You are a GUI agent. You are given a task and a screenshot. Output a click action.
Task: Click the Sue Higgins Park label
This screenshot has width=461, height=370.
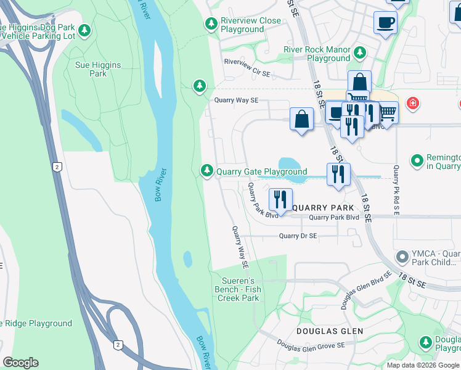coord(98,69)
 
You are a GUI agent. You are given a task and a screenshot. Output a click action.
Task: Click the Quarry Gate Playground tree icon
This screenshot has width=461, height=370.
coord(207,171)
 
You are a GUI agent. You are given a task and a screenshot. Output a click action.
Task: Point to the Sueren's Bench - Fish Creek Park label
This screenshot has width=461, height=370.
coord(238,289)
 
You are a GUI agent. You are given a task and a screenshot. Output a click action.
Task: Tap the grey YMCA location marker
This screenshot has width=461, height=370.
coord(402,255)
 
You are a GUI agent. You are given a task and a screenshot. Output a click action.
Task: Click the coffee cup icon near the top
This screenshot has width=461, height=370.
coord(385,23)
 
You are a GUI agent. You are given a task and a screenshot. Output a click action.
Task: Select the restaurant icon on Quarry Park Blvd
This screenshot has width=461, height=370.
coord(280,199)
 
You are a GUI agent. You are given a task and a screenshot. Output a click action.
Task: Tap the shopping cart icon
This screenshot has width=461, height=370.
coord(387,112)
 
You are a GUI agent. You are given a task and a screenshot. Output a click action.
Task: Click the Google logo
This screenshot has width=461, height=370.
coord(20,363)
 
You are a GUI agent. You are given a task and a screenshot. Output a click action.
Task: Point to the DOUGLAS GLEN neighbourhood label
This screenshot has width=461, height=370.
coord(329,331)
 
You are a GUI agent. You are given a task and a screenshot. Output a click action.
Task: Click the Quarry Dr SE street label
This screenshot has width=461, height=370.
coord(298,236)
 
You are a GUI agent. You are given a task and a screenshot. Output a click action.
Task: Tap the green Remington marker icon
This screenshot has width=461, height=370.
coord(417,161)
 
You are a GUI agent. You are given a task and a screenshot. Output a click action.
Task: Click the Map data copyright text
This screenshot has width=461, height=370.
coord(423,364)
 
